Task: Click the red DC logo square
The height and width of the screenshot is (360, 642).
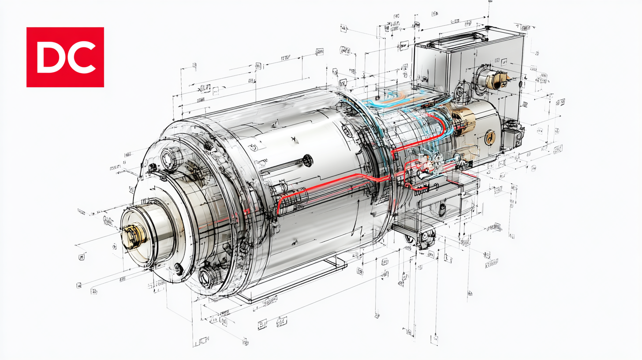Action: (x=65, y=57)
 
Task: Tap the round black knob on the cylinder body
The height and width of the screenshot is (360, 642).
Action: (x=307, y=161)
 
